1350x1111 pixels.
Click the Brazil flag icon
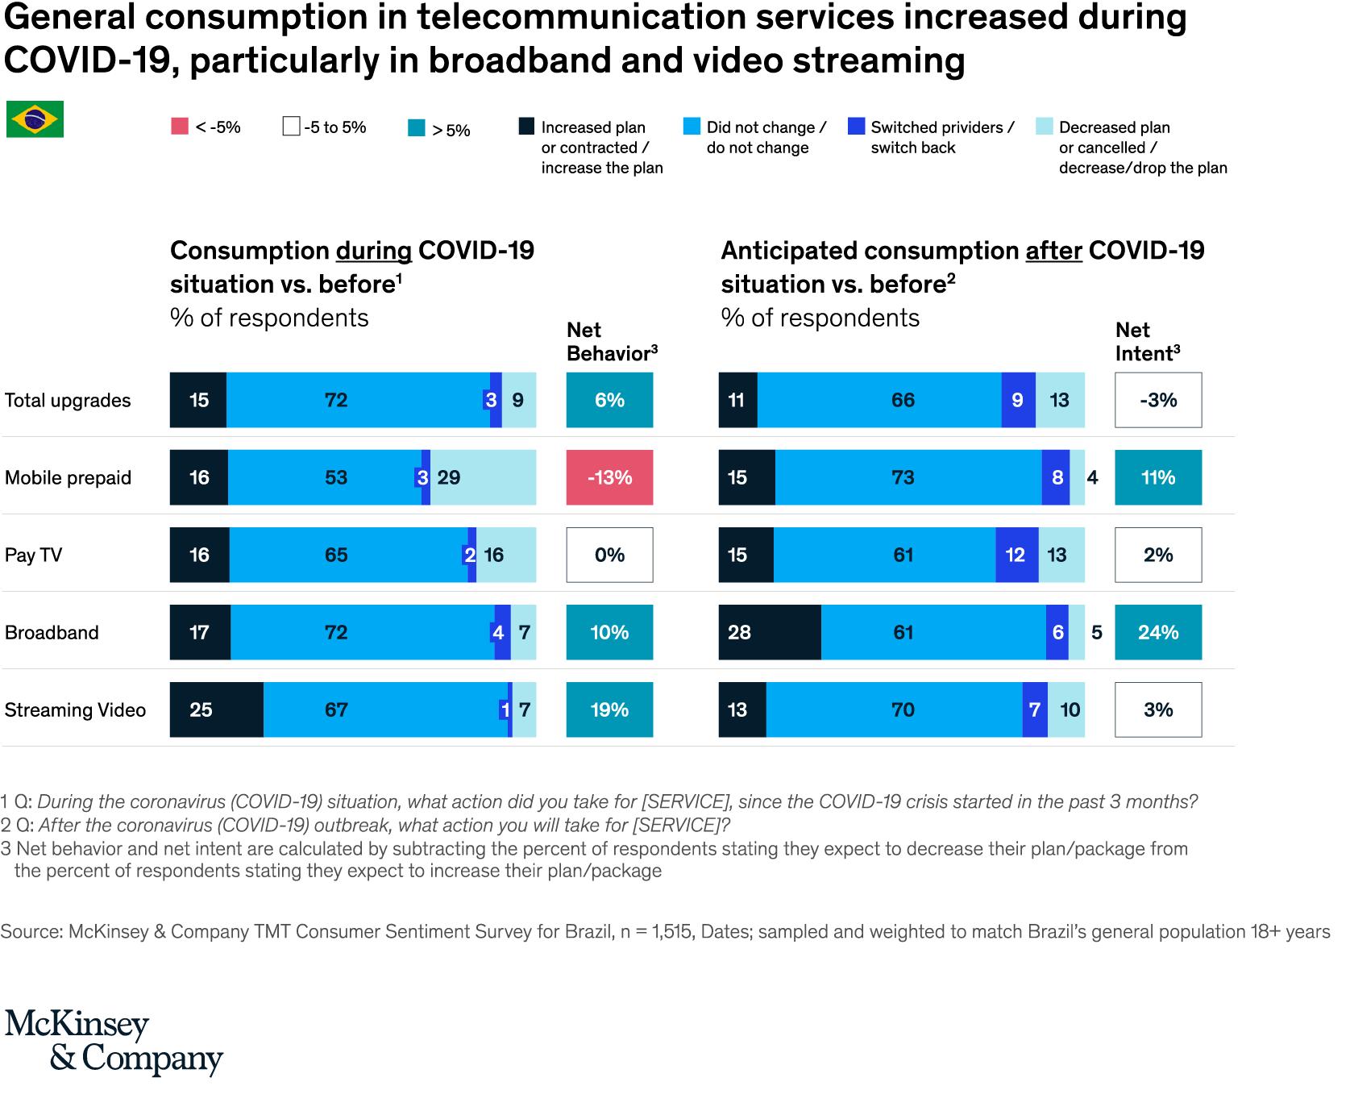35,119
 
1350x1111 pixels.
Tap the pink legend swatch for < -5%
180,127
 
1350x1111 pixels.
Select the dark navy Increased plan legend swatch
526,127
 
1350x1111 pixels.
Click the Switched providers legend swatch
857,127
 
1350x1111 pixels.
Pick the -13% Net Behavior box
609,477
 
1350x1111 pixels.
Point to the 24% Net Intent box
1158,632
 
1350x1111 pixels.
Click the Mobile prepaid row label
68,477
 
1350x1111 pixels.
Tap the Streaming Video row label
75,709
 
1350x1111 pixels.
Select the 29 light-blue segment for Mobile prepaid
483,477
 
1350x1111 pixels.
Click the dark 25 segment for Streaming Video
216,709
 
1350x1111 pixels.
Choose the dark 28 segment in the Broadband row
770,632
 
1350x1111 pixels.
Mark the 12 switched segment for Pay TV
1016,555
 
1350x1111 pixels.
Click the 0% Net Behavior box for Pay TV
609,555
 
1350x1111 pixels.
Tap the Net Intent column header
1147,342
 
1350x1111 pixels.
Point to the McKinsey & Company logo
113,1042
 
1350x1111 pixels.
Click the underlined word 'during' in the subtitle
374,251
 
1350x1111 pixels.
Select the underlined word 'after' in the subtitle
1053,251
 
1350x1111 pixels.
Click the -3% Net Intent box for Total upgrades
1158,400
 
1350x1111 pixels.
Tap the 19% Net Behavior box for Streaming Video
609,709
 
